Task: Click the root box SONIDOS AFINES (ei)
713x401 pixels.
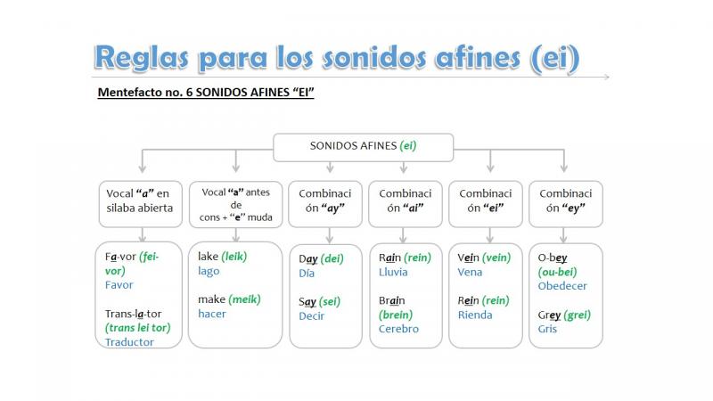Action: (x=364, y=147)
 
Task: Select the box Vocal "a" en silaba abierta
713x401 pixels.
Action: (x=141, y=204)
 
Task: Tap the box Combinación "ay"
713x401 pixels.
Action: (x=325, y=204)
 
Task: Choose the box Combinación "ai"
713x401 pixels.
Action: (x=406, y=204)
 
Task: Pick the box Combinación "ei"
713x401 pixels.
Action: (x=485, y=204)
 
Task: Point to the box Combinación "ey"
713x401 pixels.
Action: (x=566, y=204)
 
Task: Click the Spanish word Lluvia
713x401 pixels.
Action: (x=393, y=272)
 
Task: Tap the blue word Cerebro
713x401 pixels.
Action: (x=398, y=329)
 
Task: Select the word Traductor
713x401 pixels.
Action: (x=129, y=342)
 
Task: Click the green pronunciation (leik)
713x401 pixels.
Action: (x=234, y=257)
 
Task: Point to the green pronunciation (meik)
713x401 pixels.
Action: (x=244, y=299)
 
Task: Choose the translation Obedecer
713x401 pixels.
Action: (x=562, y=286)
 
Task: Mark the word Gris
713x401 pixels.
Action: (x=547, y=329)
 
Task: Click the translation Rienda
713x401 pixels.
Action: (x=475, y=315)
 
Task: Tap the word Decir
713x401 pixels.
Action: (x=311, y=316)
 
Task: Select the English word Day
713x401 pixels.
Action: (x=307, y=258)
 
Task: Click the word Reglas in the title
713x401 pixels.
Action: (x=141, y=58)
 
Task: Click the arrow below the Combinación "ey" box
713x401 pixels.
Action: (x=563, y=234)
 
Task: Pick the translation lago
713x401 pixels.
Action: (x=209, y=272)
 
